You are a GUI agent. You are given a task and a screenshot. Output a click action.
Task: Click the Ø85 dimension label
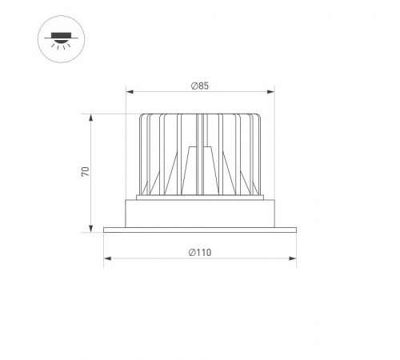[199, 84]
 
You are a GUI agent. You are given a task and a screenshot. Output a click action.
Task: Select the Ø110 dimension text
[199, 252]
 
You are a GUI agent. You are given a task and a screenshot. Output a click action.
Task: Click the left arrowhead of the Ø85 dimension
[130, 90]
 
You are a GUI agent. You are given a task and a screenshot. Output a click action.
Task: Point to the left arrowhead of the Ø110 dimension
[106, 258]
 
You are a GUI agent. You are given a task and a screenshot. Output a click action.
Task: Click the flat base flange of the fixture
[199, 230]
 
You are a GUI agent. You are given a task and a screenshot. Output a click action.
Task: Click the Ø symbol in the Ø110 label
[192, 252]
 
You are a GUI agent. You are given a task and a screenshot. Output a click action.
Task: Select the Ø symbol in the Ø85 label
[194, 84]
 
